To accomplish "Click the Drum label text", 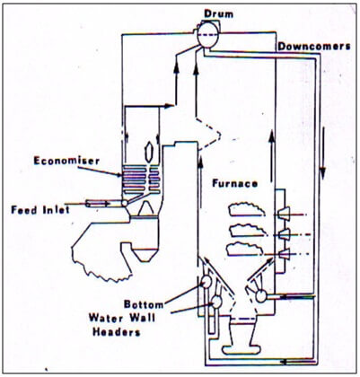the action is pos(218,13).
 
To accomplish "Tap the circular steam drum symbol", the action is pos(208,35).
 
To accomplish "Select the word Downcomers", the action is pos(314,47).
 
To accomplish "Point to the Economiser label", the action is pos(66,161).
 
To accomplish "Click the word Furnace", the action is pos(235,183).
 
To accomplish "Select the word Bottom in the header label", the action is pos(144,304).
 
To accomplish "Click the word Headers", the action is pos(117,332).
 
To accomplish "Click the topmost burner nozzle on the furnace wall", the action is pos(284,214).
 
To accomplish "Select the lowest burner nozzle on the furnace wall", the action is pos(284,254).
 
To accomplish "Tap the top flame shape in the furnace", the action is pos(247,209).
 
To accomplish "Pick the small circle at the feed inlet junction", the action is pos(124,203).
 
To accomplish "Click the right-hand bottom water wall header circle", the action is pos(261,296).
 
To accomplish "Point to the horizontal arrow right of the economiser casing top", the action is pos(149,106).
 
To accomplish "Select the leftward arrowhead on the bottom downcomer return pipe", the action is pos(284,362).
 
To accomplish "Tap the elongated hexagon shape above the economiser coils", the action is pos(149,152).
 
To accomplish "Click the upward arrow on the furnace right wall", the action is pos(271,156).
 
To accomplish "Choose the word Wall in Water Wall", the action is pos(143,318).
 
